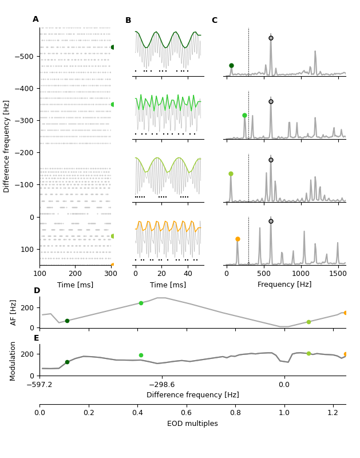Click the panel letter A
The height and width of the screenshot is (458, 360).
coord(35,19)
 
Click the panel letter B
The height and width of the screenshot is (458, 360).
coord(128,21)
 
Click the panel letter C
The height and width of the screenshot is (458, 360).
coord(215,21)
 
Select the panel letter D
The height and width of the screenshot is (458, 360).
coord(37,291)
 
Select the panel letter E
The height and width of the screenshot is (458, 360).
coord(37,338)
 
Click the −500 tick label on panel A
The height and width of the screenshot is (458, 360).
coord(23,57)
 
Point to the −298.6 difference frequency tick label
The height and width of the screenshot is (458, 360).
coord(162,385)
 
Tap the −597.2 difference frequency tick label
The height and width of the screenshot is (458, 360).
coord(39,385)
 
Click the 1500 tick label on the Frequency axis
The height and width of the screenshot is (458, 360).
coord(338,274)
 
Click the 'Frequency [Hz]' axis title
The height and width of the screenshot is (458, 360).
coord(284,285)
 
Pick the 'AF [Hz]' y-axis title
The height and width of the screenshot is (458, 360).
coord(14,312)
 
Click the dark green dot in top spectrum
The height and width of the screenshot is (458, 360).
coord(231,66)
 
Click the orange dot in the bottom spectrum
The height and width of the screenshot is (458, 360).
coord(238,239)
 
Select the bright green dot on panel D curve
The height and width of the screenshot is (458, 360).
coord(141,303)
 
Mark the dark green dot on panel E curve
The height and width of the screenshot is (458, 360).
coord(67,362)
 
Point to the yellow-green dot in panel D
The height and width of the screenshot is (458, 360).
coord(308,322)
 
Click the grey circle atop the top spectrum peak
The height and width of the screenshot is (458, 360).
coord(271,38)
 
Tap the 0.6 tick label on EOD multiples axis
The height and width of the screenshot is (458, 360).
coord(187,412)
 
